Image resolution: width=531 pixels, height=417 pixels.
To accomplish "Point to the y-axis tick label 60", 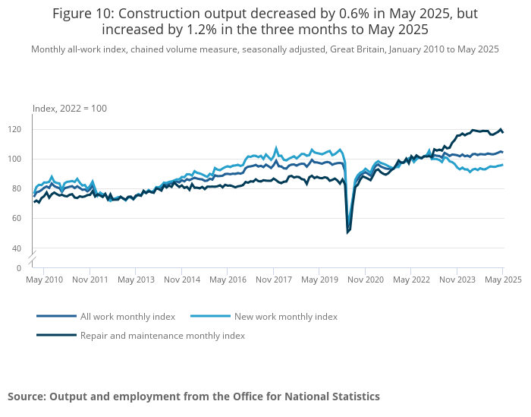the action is coord(17,218).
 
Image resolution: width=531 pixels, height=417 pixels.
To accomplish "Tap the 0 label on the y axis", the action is coord(19,268).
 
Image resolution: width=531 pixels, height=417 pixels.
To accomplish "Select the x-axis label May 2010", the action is coord(44,280).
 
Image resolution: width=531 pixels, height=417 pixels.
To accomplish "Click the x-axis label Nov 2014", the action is coord(182,280).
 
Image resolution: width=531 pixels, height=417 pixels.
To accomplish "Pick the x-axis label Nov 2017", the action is coord(274,280).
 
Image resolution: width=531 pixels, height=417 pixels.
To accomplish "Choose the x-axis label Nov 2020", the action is coord(366,280).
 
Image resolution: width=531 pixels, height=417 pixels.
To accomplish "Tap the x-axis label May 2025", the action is coord(503,280).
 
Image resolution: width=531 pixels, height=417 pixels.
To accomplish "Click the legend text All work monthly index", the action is coord(127,317).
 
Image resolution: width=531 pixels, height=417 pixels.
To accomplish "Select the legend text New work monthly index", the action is coord(286,317).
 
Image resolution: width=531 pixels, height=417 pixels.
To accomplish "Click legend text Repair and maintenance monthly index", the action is coord(162,336).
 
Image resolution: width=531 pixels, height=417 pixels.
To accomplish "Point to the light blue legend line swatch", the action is coord(211,316).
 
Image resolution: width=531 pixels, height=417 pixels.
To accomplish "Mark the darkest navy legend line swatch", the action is coord(57,335).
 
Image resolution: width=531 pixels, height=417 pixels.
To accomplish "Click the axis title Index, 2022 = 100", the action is coord(70,109).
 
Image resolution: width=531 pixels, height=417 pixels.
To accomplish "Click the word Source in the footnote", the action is coord(25,396).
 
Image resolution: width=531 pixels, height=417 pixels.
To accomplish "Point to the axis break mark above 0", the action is coord(32,257).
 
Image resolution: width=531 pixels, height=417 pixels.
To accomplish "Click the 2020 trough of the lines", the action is coord(347,233).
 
